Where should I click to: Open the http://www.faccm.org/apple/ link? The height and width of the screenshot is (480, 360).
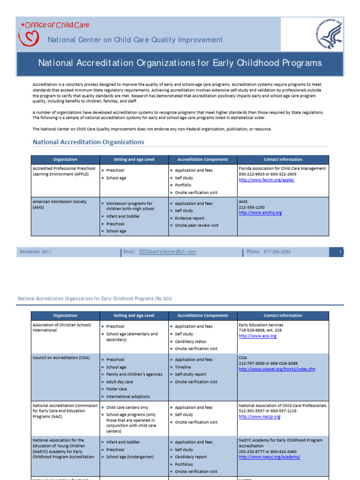(x=266, y=180)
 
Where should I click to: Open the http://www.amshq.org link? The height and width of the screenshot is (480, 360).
(x=260, y=212)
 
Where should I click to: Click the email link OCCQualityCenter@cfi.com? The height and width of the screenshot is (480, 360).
(x=167, y=252)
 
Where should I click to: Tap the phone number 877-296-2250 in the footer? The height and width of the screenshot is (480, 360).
(x=277, y=252)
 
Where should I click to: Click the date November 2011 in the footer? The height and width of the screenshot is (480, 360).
(x=36, y=252)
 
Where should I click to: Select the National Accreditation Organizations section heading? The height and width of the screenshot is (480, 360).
(x=88, y=142)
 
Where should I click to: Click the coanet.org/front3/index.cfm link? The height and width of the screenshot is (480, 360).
(x=277, y=369)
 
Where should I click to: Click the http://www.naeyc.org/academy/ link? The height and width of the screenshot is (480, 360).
(x=270, y=457)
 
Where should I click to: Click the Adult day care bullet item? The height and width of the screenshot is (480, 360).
(x=120, y=382)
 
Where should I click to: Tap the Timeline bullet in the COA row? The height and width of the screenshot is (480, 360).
(x=183, y=367)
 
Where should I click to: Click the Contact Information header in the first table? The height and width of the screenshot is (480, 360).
(x=283, y=159)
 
